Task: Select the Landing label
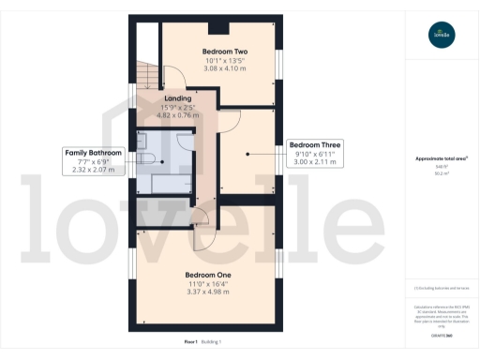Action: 178,97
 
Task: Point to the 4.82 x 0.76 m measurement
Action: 178,115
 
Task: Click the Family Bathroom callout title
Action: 92,152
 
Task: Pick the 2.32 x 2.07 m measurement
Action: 92,170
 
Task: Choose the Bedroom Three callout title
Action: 315,145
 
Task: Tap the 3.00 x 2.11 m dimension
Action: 315,163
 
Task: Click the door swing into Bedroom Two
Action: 174,78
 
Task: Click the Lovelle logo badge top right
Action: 440,37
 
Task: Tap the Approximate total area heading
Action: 439,158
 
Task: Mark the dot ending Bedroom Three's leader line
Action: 246,154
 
